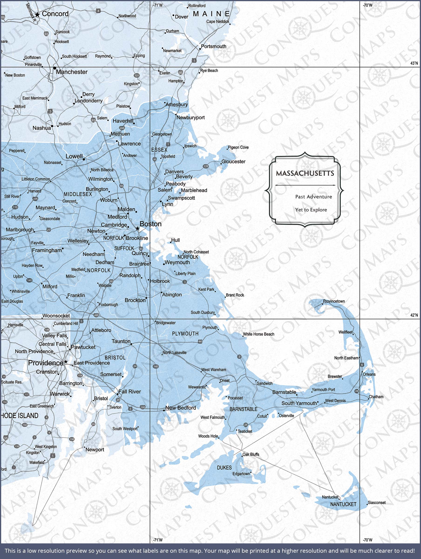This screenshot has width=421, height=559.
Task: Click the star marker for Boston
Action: pos(137,228)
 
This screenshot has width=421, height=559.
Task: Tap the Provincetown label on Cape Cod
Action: pos(334,301)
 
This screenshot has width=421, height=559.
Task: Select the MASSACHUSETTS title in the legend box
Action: pos(305,173)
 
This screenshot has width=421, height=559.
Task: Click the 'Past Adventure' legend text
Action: pos(313,197)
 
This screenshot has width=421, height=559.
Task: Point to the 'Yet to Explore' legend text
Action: pos(311,210)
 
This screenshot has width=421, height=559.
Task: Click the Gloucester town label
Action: pos(233,161)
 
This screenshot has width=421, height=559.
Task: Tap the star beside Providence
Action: pos(66,362)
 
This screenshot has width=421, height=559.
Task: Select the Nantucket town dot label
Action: pos(330,497)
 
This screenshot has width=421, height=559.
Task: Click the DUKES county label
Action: pos(224,468)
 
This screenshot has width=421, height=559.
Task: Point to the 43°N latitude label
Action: pos(414,63)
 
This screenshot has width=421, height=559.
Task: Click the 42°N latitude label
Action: pos(414,315)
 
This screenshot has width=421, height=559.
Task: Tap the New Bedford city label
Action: pos(180,408)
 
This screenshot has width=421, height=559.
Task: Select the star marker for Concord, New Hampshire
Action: pos(37,15)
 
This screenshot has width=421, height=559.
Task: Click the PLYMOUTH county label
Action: pos(185,334)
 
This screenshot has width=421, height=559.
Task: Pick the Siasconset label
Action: pos(377,503)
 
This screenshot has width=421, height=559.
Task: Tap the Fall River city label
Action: pos(129,392)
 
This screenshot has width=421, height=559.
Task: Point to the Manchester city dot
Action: pos(54,68)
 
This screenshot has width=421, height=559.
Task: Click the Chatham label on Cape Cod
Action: pos(376,397)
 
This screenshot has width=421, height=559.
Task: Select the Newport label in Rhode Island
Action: pos(95,450)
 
